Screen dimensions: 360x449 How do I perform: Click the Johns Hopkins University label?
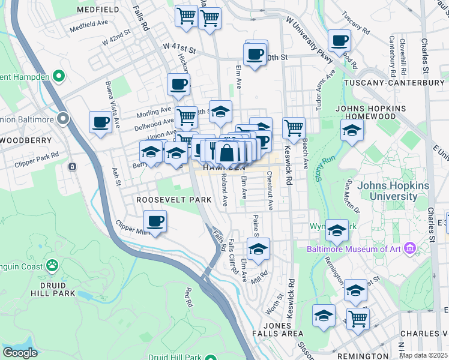coord(394,191)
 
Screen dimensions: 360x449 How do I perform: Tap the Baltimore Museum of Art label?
coord(357,248)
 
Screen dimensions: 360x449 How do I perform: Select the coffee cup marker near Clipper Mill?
coord(155,221)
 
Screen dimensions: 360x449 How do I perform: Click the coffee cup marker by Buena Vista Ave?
coord(100,122)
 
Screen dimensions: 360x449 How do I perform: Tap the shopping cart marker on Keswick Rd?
coord(294,128)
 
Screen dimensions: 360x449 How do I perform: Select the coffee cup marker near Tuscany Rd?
coord(339,41)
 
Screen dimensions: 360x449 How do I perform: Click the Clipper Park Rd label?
coord(38,155)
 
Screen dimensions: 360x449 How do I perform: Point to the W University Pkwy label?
coord(309,35)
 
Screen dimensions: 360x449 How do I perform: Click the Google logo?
coord(20,353)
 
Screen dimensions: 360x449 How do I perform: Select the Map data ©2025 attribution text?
coord(423,355)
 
